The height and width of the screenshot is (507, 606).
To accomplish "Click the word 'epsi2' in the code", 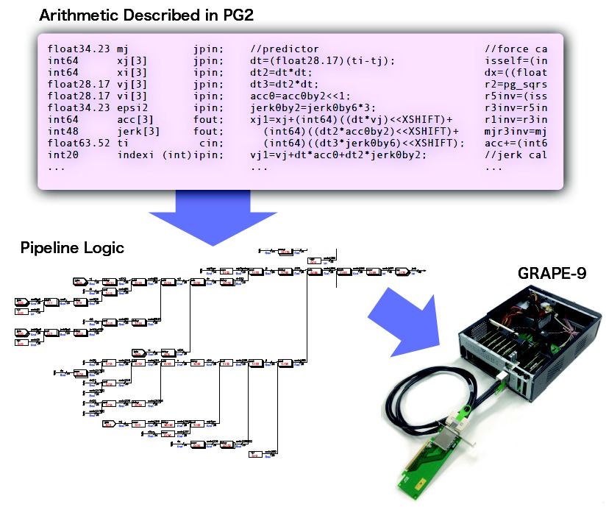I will pos(133,107).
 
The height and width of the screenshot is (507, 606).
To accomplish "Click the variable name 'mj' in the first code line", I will pos(123,49).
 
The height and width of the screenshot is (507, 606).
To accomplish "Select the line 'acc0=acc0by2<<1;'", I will pos(297,96).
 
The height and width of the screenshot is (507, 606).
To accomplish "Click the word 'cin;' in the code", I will pos(213,143).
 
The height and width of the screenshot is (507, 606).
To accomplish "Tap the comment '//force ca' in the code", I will pos(516,49).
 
